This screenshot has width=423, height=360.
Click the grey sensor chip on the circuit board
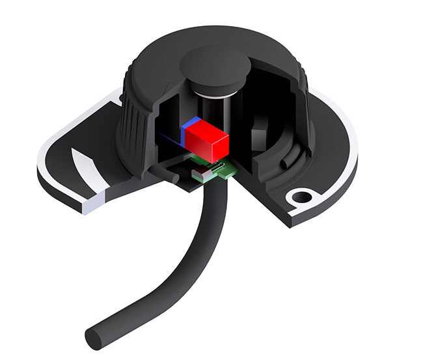tap(203, 171)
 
